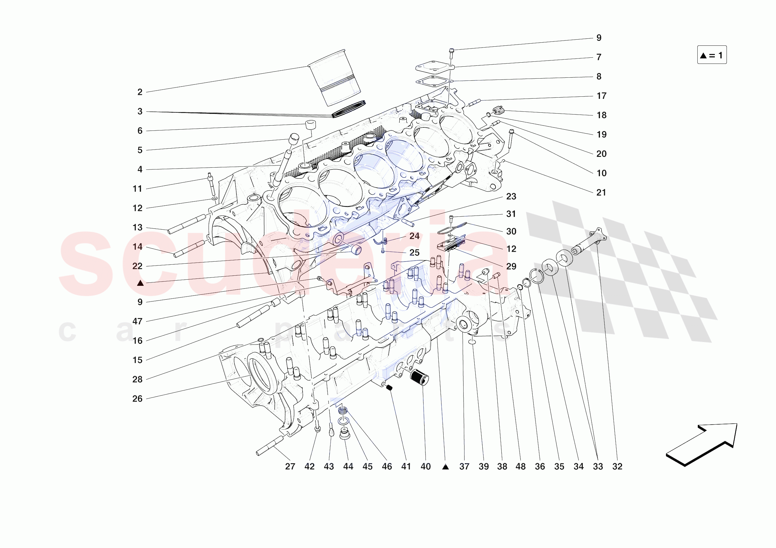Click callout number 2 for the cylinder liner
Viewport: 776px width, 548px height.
[x=139, y=92]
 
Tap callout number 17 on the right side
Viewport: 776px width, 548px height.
[x=601, y=96]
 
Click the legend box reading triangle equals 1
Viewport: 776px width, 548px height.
[x=711, y=55]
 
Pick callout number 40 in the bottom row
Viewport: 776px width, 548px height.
[x=425, y=467]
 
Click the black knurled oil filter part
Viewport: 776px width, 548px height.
[x=419, y=377]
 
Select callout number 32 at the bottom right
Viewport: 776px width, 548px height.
[x=617, y=467]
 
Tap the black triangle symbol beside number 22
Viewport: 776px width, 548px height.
[x=140, y=283]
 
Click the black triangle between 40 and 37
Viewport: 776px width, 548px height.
[x=445, y=467]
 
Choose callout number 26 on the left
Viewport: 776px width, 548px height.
[x=137, y=399]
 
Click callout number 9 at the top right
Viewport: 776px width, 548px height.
[x=598, y=38]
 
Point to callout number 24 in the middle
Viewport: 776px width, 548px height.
[x=414, y=236]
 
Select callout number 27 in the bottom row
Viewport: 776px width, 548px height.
[x=290, y=467]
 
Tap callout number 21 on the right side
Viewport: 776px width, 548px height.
[x=601, y=192]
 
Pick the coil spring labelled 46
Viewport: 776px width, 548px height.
[x=343, y=411]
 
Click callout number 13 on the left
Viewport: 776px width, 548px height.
[x=137, y=227]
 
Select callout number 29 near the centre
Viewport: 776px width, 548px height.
[x=511, y=266]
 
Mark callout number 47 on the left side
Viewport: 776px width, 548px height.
[x=137, y=321]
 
